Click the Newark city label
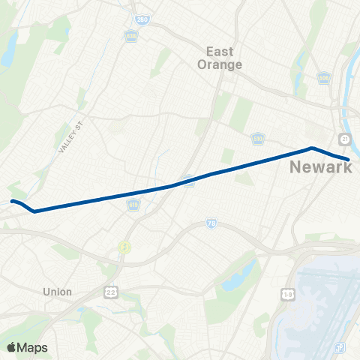click(320, 167)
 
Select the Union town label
click(58, 292)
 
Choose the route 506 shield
click(324, 77)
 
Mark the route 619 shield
click(133, 204)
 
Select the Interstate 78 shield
click(211, 223)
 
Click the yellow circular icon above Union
click(124, 247)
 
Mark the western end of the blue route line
click(12, 201)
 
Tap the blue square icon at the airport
click(341, 347)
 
